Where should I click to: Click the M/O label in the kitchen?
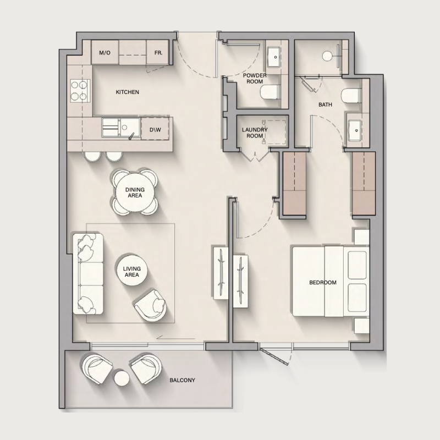[x=104, y=53]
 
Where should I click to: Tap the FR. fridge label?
[x=158, y=53]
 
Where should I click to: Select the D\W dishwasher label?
[x=155, y=130]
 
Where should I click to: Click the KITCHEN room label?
[x=127, y=92]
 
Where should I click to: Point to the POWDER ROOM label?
[x=255, y=78]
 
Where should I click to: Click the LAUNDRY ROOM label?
[x=255, y=133]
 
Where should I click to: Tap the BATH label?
[x=324, y=104]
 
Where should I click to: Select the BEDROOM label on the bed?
[x=322, y=283]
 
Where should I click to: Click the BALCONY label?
[x=182, y=380]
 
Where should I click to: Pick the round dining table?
[x=135, y=192]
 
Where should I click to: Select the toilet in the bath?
[x=349, y=96]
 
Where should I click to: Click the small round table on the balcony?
[x=121, y=378]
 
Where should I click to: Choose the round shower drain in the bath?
[x=327, y=55]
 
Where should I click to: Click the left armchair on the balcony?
[x=97, y=367]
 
